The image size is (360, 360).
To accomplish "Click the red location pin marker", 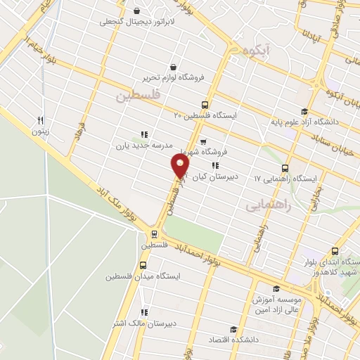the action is pos(181,166).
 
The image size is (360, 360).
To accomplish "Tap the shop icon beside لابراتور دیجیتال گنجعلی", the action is pos(136,11).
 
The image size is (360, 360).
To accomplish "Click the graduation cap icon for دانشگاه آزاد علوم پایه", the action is pos(304,110).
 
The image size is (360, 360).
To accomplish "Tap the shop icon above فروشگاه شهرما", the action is pos(202,141).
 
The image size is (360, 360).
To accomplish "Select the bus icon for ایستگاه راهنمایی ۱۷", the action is pos(285,168).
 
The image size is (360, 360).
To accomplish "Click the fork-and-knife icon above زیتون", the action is pos(41,120).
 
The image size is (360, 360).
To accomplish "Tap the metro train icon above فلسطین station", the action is pos(153,234).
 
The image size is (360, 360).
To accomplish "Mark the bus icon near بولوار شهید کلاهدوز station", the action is pos(334,251).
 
